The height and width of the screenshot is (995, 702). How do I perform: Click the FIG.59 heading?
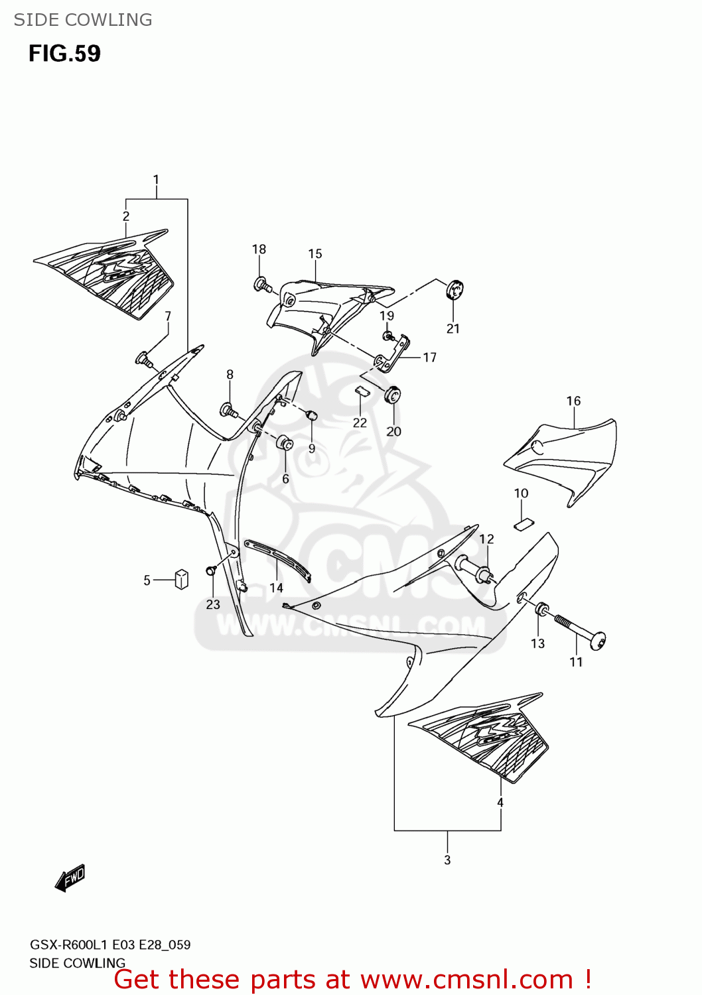click(x=64, y=54)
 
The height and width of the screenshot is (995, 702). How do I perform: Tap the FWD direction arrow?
click(x=70, y=878)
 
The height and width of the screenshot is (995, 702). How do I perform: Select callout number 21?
click(x=453, y=328)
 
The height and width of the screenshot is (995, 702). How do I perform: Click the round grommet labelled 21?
click(x=454, y=289)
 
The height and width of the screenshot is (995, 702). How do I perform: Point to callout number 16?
click(x=573, y=401)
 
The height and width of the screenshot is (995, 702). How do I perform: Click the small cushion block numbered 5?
click(x=181, y=578)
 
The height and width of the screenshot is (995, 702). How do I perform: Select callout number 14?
click(x=276, y=587)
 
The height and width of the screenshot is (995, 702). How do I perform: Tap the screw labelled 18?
click(x=261, y=285)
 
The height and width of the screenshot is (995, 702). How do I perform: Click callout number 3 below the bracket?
click(x=447, y=860)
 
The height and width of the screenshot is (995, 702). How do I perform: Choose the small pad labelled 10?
click(x=524, y=523)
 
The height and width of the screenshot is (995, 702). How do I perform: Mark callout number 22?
click(x=360, y=423)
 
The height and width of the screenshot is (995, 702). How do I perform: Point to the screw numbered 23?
click(x=212, y=570)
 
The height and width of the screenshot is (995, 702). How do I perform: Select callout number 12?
click(x=486, y=539)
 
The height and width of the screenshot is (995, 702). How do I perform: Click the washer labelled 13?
click(x=541, y=608)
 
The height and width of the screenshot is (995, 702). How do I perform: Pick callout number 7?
click(x=168, y=316)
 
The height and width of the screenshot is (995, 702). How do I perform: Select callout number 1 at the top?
click(x=156, y=179)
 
